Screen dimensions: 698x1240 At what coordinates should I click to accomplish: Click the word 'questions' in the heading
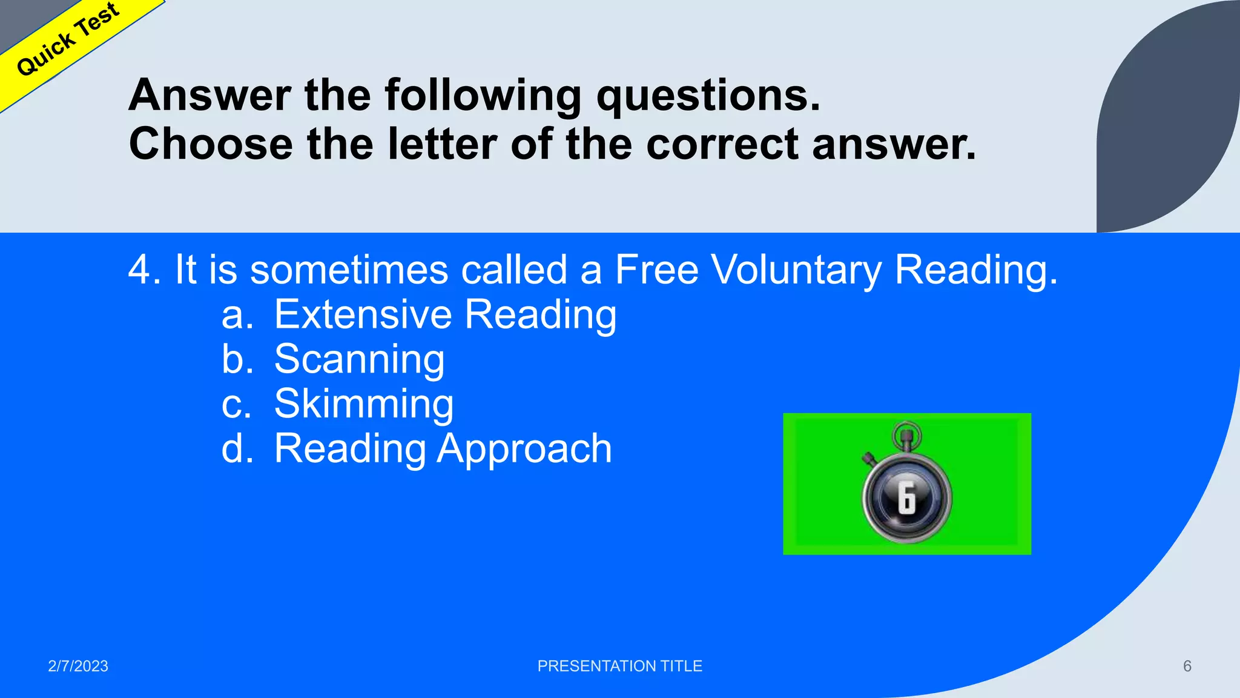pos(707,96)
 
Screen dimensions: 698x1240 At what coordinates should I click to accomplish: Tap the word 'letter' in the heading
pos(441,145)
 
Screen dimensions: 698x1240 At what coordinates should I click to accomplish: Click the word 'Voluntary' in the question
pos(796,270)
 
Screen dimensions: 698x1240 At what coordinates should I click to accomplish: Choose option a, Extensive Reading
pos(445,314)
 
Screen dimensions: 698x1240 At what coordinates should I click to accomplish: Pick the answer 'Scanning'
pos(359,359)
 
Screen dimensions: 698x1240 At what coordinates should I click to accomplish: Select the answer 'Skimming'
pos(364,404)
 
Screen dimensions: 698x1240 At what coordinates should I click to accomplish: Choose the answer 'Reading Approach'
pos(443,449)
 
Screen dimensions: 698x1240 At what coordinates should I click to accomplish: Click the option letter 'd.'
pos(237,449)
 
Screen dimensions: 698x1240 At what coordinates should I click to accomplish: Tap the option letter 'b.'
pos(237,359)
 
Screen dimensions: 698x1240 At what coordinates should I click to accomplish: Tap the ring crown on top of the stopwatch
pos(906,434)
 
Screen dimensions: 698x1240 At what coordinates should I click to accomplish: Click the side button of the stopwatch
pos(869,458)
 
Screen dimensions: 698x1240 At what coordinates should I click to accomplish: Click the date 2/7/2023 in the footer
pos(78,666)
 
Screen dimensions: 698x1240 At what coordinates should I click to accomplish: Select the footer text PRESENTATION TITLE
pos(619,666)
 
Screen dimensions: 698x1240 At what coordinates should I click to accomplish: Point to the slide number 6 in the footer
pos(1187,666)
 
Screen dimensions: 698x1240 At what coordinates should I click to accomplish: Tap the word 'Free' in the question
pos(656,270)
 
